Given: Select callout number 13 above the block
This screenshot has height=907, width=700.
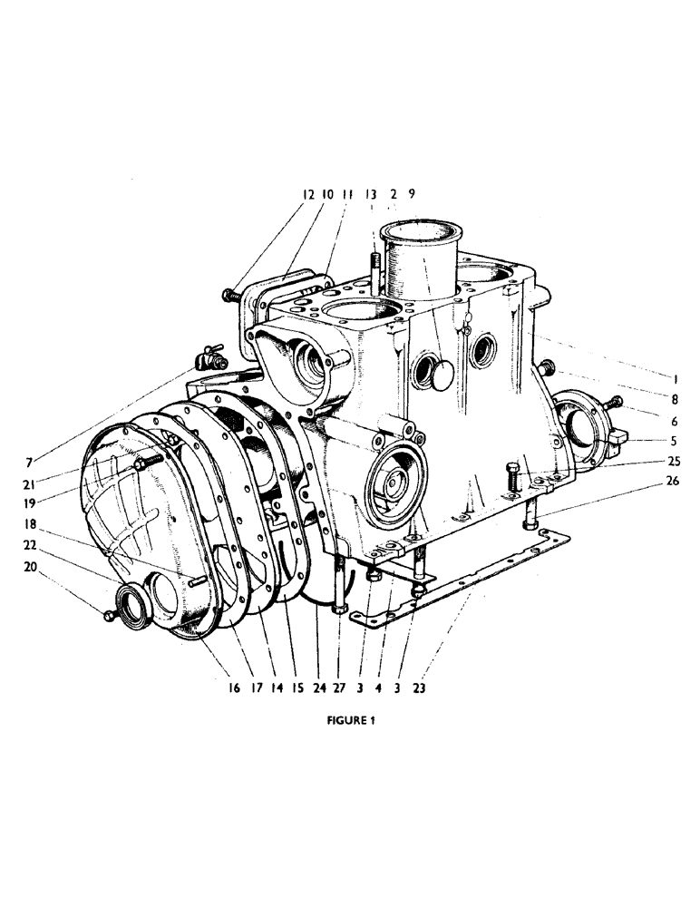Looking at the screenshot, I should click(x=371, y=194).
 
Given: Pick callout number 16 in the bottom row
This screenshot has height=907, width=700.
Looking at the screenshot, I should click(x=233, y=688).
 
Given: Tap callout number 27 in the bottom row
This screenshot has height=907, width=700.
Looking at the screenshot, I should click(x=337, y=688).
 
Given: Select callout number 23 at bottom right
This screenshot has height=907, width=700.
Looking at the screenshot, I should click(x=419, y=688).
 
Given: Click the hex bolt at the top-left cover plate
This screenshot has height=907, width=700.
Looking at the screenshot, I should click(x=230, y=294).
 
